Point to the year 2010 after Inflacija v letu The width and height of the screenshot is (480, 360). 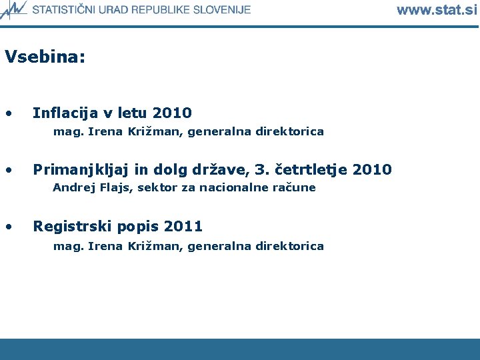click(x=172, y=113)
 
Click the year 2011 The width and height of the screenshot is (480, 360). click(x=183, y=227)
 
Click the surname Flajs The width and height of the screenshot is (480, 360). click(x=115, y=188)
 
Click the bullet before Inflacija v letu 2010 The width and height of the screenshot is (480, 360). click(x=8, y=113)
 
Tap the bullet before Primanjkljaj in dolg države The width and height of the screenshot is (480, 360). click(x=8, y=170)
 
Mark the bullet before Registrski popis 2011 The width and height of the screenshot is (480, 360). click(x=8, y=227)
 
